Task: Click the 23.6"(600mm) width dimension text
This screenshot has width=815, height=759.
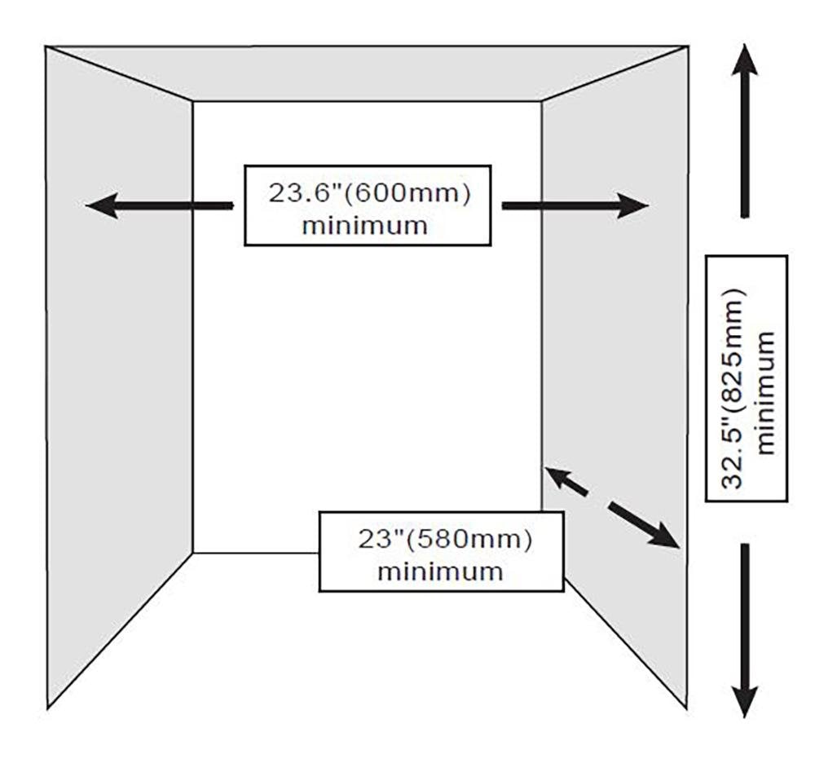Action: [369, 195]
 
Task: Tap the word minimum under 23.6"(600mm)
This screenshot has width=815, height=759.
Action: [364, 224]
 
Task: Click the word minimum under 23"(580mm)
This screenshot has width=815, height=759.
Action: [440, 570]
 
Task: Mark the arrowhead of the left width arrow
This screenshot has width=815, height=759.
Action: [102, 205]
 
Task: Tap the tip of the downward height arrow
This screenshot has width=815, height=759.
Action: [743, 713]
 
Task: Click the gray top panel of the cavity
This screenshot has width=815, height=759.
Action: [367, 73]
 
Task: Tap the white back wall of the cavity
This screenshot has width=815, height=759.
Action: [367, 367]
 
